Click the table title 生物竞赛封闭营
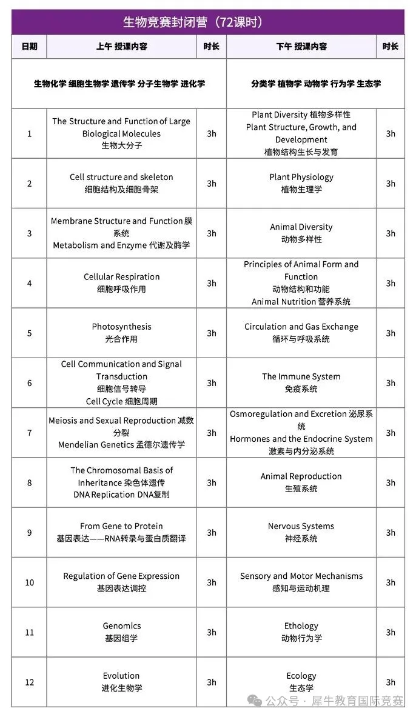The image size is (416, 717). pyautogui.click(x=192, y=22)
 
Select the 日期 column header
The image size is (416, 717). pyautogui.click(x=29, y=46)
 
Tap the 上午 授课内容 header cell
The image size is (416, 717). pyautogui.click(x=121, y=46)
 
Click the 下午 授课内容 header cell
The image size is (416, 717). pyautogui.click(x=301, y=46)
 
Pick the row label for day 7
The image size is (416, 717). pyautogui.click(x=29, y=433)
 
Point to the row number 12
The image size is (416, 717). pyautogui.click(x=29, y=682)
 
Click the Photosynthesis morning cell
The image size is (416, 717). pyautogui.click(x=121, y=333)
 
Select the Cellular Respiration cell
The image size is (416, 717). pyautogui.click(x=121, y=283)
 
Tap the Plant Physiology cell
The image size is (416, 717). pyautogui.click(x=301, y=183)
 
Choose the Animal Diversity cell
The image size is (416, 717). pyautogui.click(x=301, y=233)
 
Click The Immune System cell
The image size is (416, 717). pyautogui.click(x=301, y=382)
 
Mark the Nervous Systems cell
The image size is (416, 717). pyautogui.click(x=301, y=532)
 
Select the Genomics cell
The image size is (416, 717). pyautogui.click(x=121, y=632)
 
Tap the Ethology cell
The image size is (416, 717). pyautogui.click(x=301, y=632)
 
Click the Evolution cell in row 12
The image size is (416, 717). pyautogui.click(x=121, y=682)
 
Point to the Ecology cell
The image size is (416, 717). pyautogui.click(x=301, y=682)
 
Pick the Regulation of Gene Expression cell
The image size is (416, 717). pyautogui.click(x=121, y=582)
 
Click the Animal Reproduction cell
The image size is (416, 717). pyautogui.click(x=301, y=482)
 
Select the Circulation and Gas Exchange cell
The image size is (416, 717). pyautogui.click(x=301, y=333)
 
